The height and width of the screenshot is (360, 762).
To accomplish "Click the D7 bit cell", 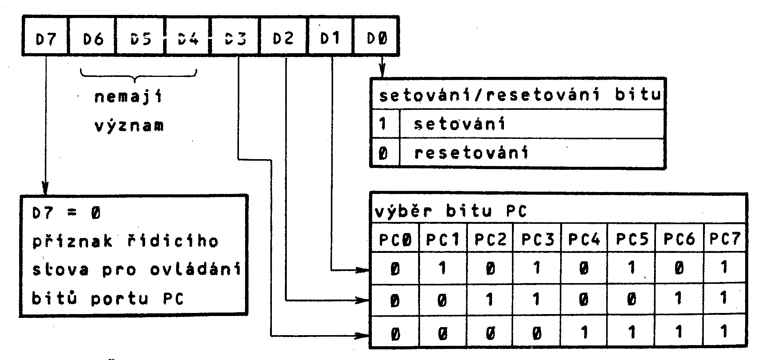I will tap(46, 39).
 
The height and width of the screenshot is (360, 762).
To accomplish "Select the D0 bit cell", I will tap(377, 39).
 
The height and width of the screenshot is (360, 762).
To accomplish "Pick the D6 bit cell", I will tap(92, 39).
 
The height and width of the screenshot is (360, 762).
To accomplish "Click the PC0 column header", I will tap(395, 239).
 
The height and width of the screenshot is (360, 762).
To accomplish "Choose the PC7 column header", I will tap(724, 239).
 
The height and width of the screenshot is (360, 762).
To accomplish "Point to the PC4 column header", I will tap(584, 239).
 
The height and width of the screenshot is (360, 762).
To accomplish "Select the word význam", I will tap(129, 125).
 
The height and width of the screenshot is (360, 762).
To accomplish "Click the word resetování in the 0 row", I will tap(471, 153).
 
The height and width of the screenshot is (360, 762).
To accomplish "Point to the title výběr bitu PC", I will tap(450, 211).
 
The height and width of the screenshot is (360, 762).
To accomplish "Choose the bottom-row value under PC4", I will tap(584, 332).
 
